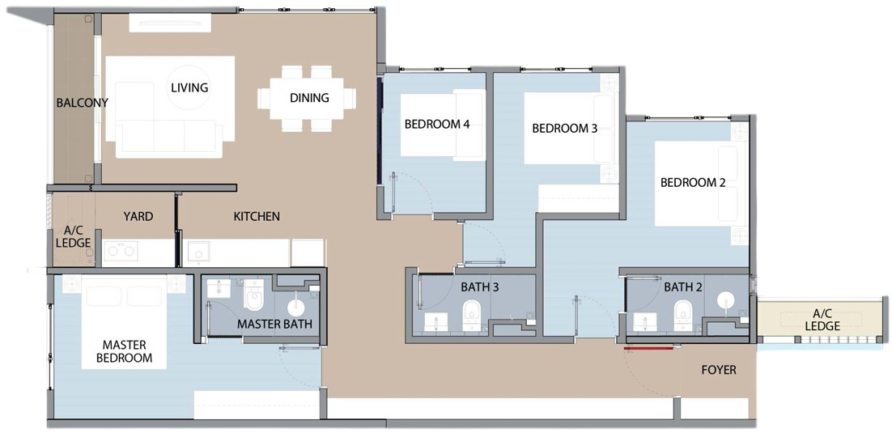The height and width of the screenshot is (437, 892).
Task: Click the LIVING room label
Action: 189,87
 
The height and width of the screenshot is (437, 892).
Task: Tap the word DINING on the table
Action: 309,98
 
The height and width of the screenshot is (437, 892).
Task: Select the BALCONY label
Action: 82,103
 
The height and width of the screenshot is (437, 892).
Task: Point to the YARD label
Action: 138,216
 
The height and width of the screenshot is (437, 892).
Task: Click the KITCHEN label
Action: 257,216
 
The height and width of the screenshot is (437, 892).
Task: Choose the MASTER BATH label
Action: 274,325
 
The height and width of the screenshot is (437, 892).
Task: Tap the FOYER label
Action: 719,371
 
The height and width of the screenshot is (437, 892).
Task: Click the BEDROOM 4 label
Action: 437,125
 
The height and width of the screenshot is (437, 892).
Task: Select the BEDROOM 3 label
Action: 564,129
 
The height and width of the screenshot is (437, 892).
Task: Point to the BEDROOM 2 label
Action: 693,183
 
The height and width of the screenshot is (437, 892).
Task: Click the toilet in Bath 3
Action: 472,316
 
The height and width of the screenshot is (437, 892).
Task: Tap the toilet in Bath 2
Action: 682,316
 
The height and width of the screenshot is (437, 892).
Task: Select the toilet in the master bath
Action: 253,294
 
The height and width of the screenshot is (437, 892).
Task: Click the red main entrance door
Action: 648,347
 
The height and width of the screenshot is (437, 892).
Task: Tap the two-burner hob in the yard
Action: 121,251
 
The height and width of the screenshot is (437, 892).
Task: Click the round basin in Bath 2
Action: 726,300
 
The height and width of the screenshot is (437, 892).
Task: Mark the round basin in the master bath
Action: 296,308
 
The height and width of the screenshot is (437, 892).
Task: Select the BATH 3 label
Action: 479,287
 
